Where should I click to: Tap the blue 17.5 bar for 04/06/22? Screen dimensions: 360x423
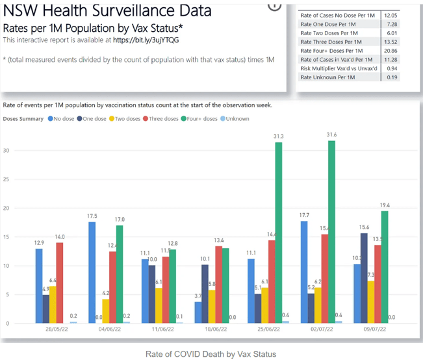[92, 273]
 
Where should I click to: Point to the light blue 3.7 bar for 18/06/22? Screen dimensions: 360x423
[198, 313]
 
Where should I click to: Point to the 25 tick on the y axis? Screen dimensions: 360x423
[8, 179]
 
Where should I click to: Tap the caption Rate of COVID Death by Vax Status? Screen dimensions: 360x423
[211, 354]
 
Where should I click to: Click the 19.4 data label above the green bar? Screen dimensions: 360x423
[385, 204]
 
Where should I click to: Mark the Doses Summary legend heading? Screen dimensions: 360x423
[23, 119]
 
